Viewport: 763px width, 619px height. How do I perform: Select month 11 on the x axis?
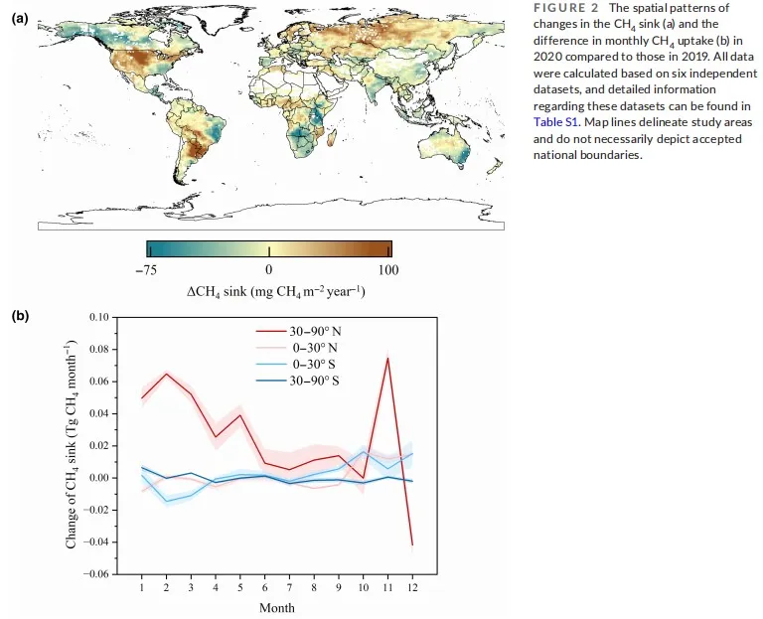click(387, 587)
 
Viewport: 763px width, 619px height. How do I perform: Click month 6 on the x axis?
click(265, 587)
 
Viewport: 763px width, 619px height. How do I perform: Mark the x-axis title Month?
click(276, 606)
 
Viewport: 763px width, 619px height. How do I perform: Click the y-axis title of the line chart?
click(72, 446)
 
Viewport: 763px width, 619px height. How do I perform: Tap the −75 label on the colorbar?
click(147, 269)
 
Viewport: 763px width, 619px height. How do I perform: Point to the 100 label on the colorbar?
click(387, 269)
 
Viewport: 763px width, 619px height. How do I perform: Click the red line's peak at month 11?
click(387, 358)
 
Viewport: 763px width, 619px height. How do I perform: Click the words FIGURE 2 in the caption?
click(564, 8)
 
